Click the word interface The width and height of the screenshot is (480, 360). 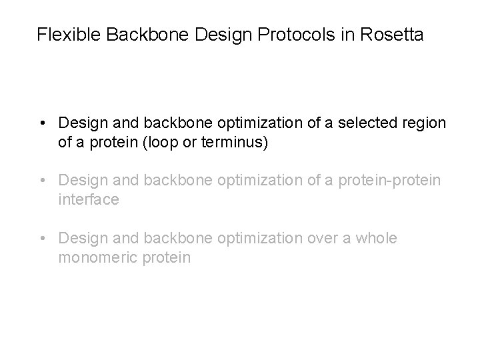pos(89,199)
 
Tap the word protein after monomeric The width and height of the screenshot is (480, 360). pos(165,257)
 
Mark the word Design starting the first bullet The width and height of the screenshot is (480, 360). pos(80,124)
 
